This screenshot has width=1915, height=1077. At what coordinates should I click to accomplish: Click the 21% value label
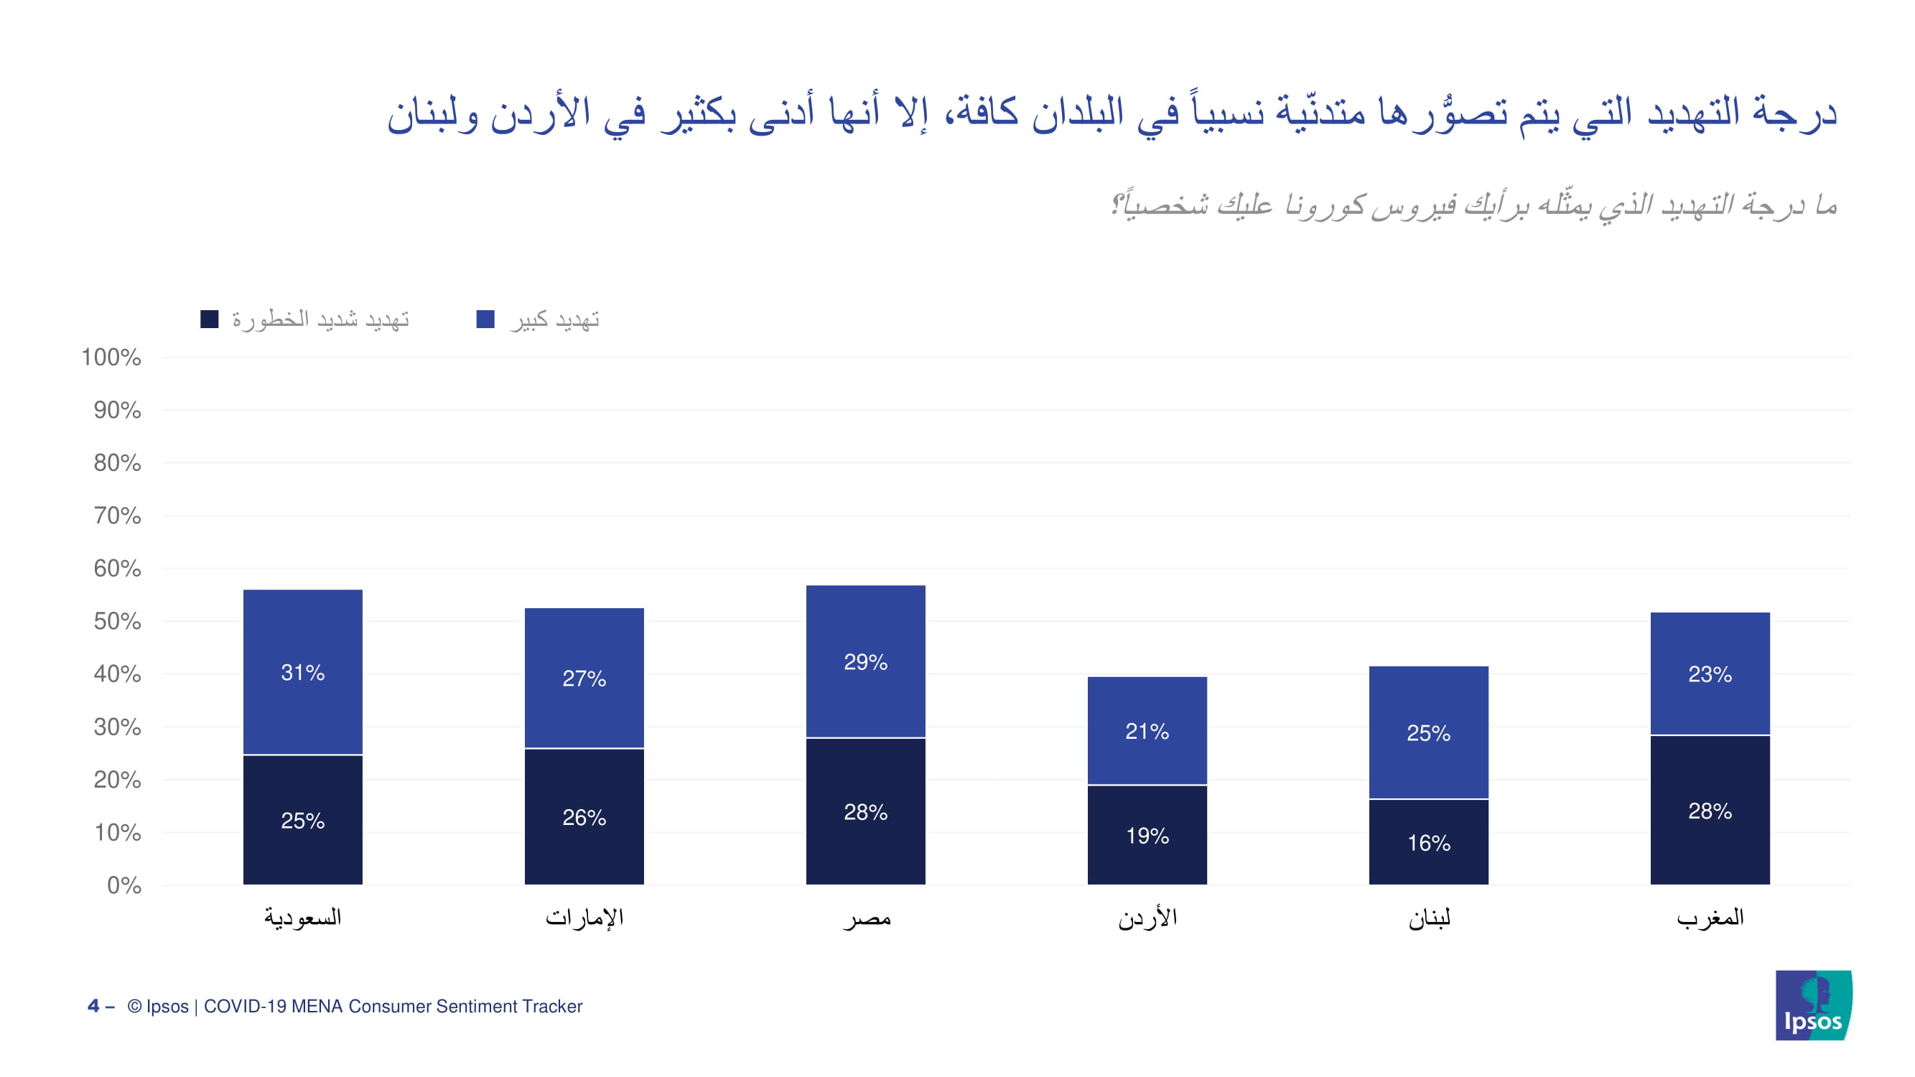[1147, 732]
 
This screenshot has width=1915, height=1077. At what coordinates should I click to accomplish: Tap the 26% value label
[584, 818]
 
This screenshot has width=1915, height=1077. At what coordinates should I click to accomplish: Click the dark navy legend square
[210, 319]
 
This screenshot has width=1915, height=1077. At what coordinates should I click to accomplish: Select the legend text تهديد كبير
[554, 320]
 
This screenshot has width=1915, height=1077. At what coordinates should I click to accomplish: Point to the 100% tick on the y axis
[111, 358]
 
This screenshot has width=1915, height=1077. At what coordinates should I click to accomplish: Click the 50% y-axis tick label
[118, 621]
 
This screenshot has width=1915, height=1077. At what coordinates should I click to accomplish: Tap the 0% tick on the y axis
[124, 885]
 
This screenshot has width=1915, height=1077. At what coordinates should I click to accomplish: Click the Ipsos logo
[1813, 1005]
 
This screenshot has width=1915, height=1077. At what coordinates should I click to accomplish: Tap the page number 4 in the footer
[93, 1006]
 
